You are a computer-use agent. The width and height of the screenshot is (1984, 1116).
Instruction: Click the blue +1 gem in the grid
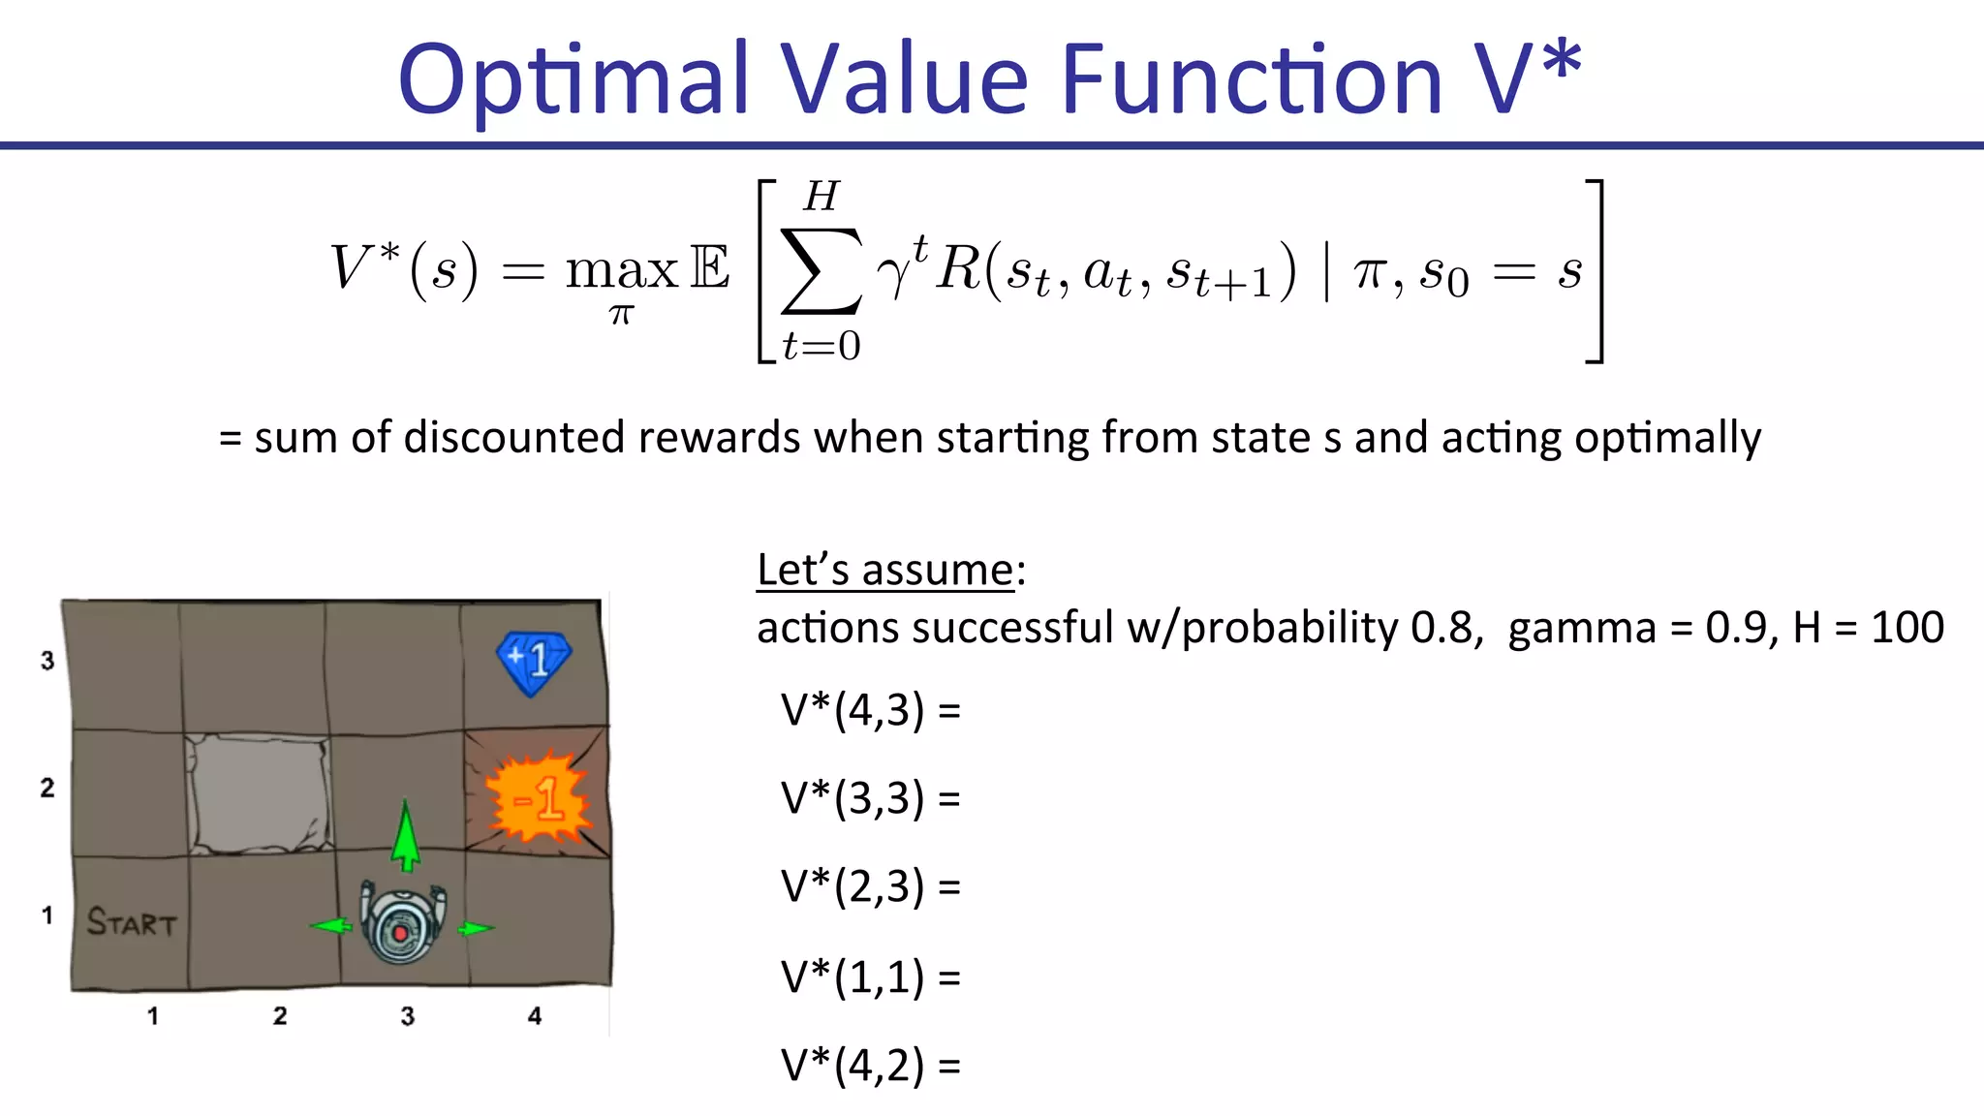(x=533, y=663)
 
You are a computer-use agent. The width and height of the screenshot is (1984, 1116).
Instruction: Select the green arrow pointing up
(x=406, y=835)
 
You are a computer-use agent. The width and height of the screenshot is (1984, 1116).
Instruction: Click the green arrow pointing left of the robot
(x=332, y=926)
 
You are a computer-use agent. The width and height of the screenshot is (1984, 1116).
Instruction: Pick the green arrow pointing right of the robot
(x=475, y=929)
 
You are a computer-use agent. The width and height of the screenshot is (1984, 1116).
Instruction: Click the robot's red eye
(x=400, y=933)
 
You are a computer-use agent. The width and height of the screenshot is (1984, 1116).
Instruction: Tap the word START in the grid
(x=132, y=922)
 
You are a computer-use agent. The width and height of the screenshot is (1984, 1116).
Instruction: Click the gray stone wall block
(x=258, y=793)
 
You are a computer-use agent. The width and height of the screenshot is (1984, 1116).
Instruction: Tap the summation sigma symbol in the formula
(x=821, y=271)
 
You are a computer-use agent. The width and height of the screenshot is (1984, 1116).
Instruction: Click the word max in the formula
(x=621, y=270)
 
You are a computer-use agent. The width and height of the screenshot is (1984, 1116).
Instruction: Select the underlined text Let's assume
(x=884, y=570)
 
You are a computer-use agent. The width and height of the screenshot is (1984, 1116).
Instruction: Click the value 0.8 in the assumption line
(x=1441, y=628)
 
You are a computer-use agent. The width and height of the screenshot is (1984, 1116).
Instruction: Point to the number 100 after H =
(x=1906, y=628)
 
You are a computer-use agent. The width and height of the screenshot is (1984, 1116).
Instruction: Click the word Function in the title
(x=1252, y=79)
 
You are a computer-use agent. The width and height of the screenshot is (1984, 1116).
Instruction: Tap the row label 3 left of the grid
(x=47, y=661)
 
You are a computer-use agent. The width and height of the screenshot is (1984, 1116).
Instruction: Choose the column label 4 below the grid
(x=534, y=1015)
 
